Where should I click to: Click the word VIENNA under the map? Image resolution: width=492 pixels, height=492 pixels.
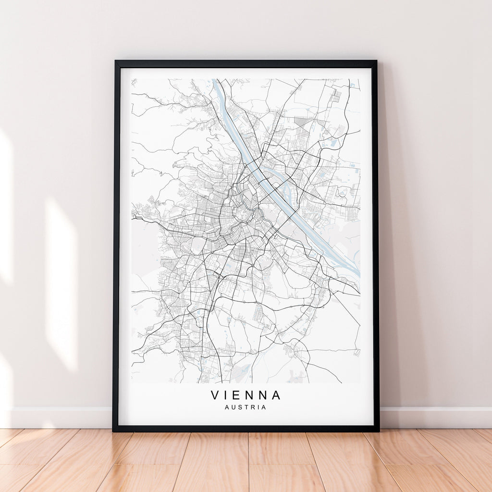coord(246,395)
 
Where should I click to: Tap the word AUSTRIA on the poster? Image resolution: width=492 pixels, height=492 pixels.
coord(246,407)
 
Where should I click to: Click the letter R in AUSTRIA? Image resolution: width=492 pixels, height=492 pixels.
coord(252,407)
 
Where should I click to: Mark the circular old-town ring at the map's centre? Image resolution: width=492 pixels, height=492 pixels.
coord(242,214)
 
